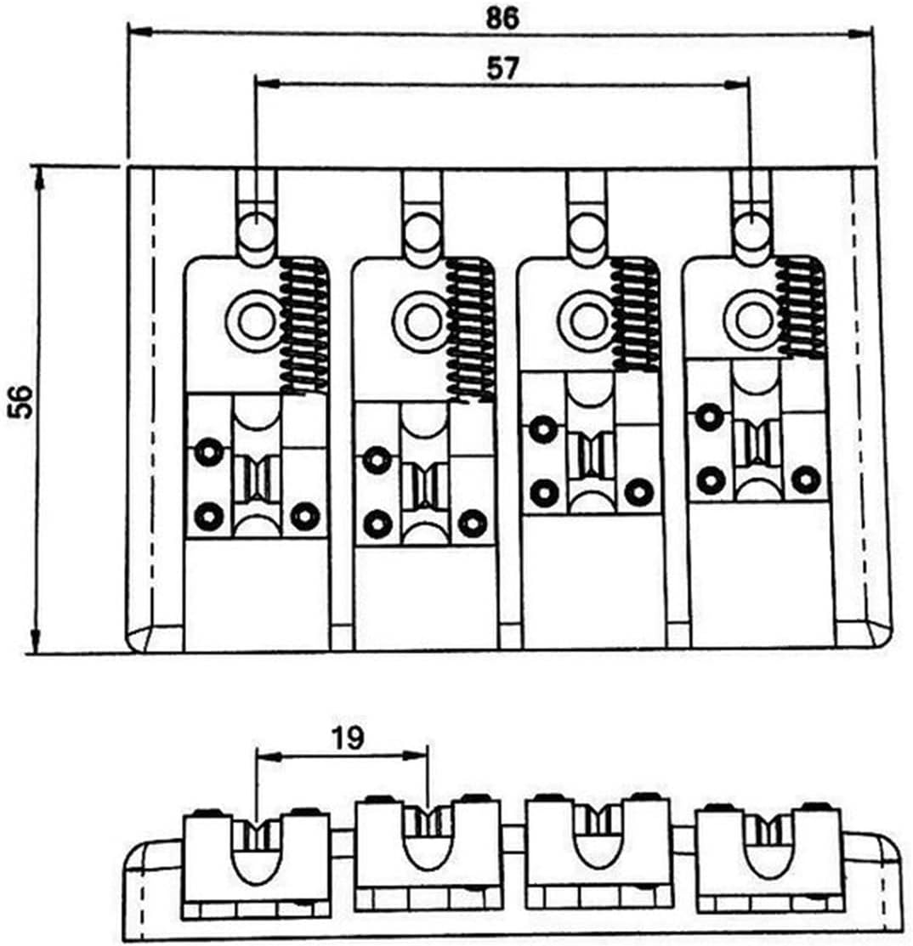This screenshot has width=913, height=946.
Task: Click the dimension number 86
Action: coord(502,18)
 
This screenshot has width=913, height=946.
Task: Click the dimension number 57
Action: coord(502,68)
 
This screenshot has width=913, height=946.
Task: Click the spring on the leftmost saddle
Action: coord(304,326)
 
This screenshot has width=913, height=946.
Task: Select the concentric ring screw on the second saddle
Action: coord(421,321)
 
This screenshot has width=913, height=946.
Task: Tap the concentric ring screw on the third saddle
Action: coord(587,319)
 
